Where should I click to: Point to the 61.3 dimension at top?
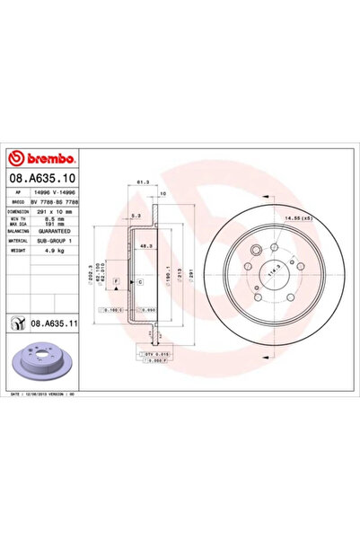pos(142,181)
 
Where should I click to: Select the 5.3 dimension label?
pos(133,216)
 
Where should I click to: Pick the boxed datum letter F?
pos(116,282)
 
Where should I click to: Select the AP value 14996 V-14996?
pos(65,191)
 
